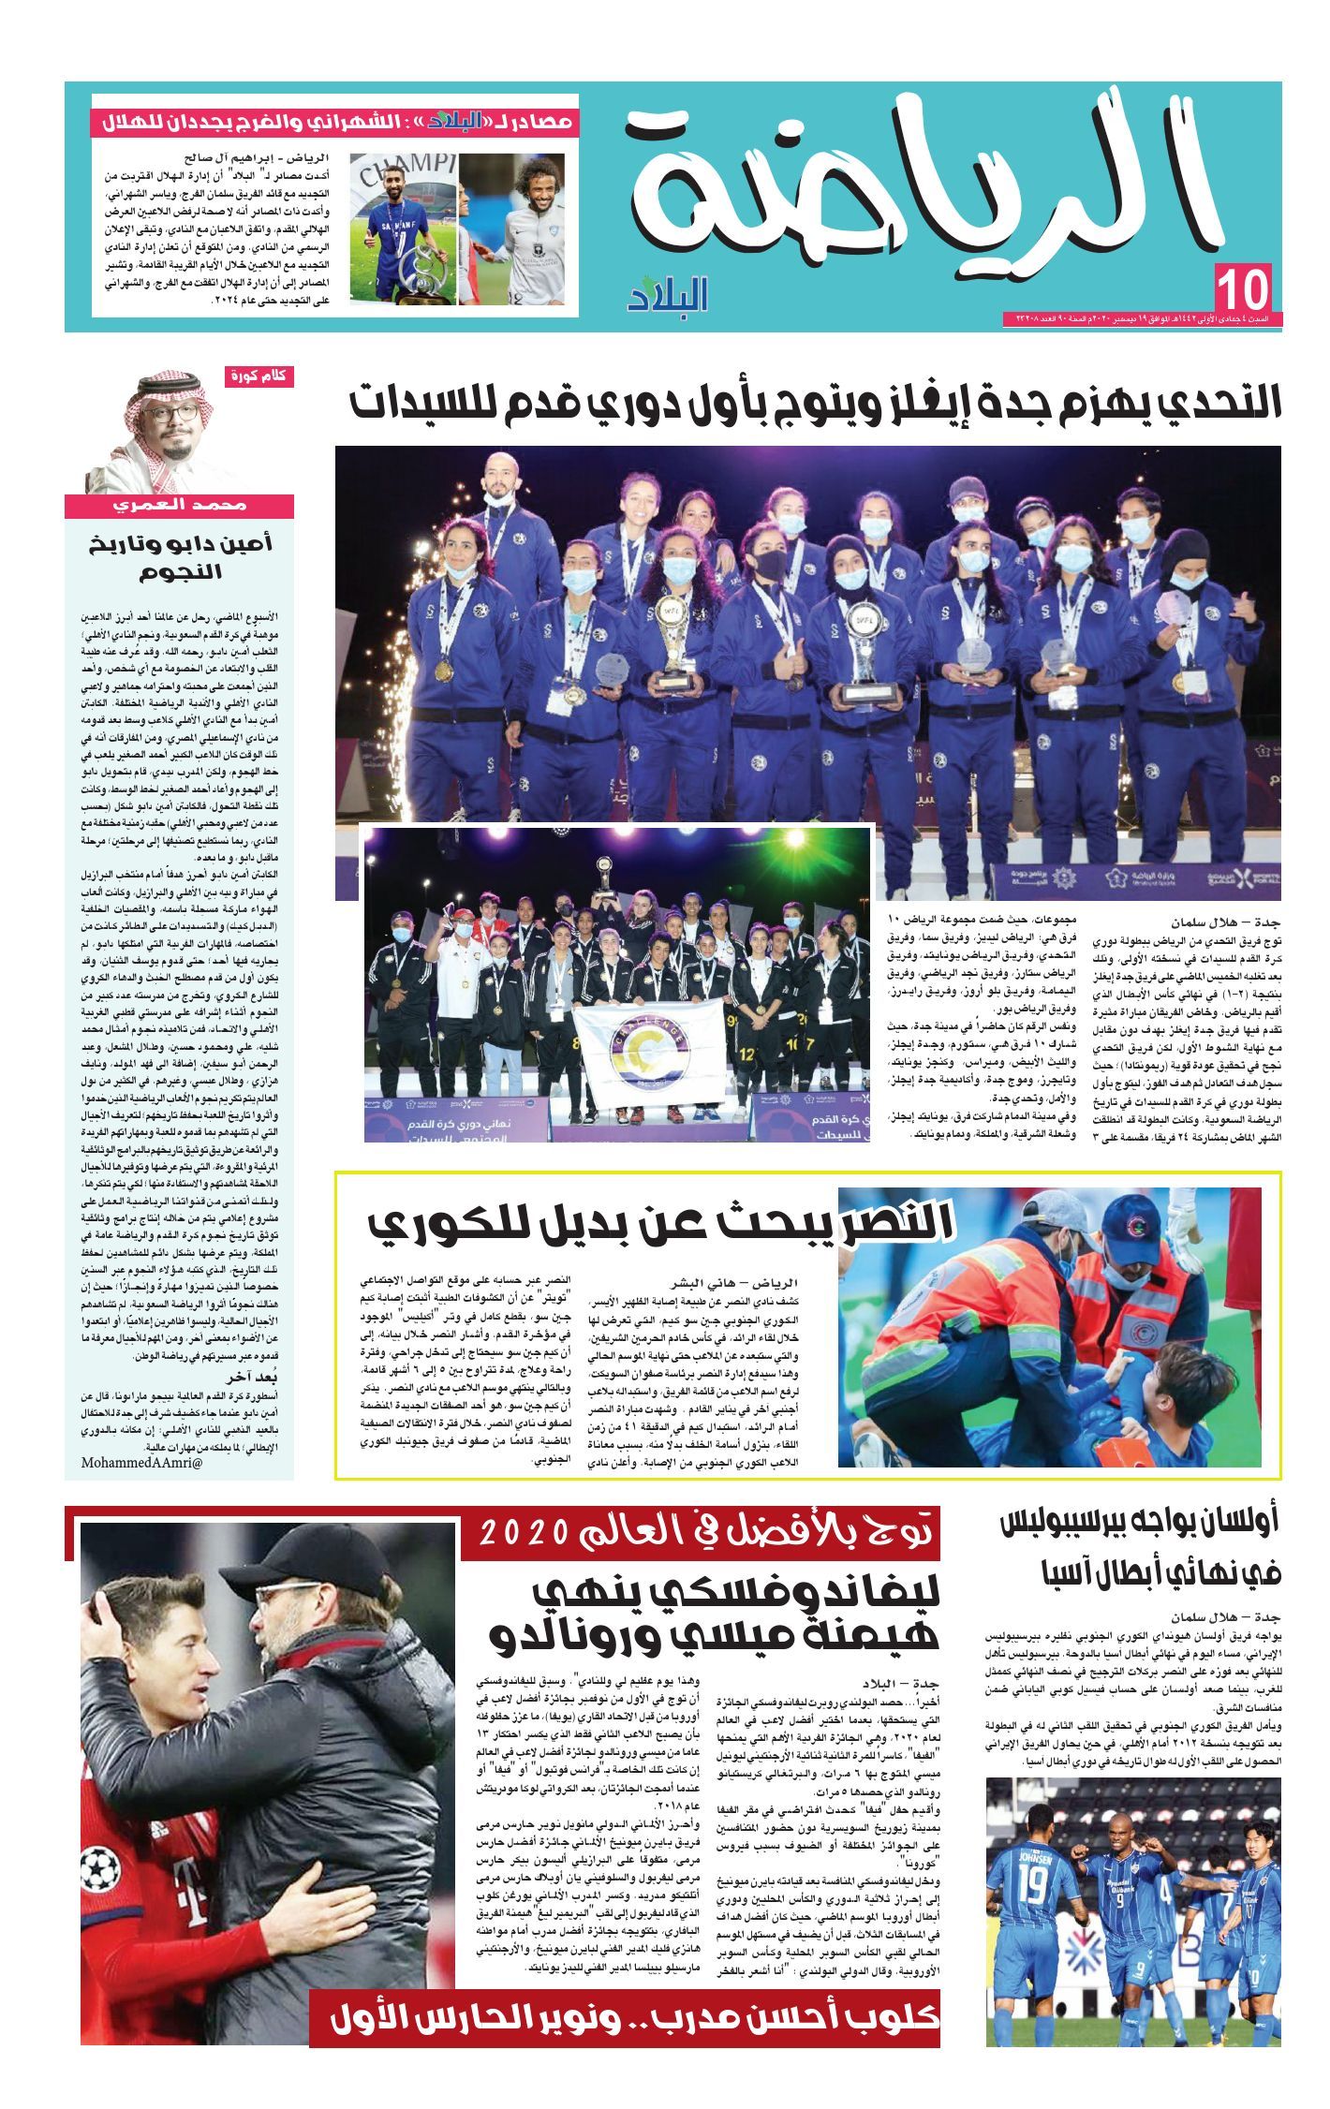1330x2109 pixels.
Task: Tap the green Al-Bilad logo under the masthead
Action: [669, 293]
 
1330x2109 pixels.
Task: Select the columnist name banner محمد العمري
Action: [179, 506]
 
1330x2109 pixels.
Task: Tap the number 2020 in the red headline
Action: [523, 1532]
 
